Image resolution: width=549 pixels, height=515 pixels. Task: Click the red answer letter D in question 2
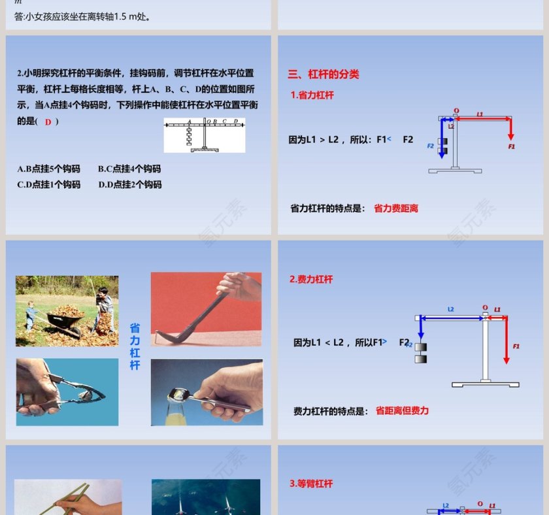[x=48, y=122]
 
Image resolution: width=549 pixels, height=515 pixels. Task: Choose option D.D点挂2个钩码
[x=130, y=184]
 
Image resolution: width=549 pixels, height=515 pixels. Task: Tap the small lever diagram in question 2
[x=204, y=135]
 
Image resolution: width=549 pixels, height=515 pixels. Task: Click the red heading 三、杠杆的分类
[x=324, y=75]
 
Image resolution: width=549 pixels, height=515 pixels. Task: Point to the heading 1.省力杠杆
[x=312, y=95]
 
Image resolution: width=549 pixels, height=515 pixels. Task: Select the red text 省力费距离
[x=396, y=208]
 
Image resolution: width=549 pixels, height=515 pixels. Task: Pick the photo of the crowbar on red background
[x=206, y=308]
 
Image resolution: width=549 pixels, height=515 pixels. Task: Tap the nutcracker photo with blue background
[x=67, y=392]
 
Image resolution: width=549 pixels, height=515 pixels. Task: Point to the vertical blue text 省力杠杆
[x=135, y=346]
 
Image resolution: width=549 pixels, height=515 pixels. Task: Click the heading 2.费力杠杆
[x=311, y=279]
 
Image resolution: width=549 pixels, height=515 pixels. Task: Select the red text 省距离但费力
[x=402, y=411]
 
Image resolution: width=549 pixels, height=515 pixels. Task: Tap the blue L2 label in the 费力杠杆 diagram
[x=450, y=309]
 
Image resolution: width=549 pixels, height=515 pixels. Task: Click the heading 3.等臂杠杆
[x=311, y=484]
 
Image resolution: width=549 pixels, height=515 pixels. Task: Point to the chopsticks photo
[x=68, y=497]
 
